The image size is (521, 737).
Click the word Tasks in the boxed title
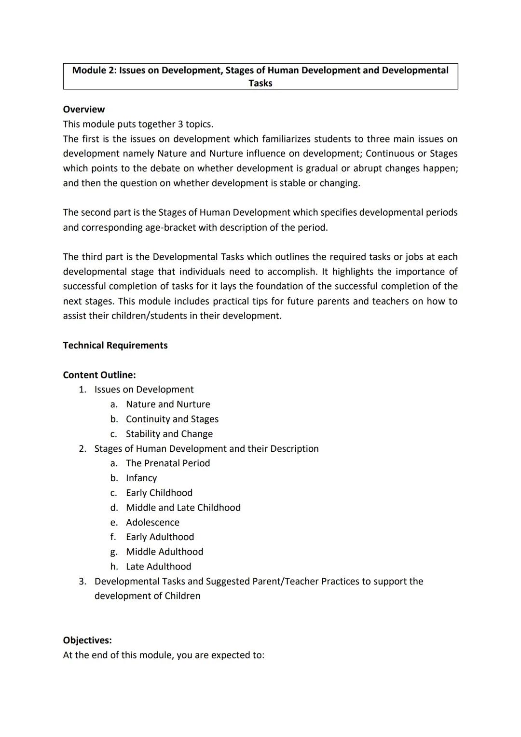[260, 83]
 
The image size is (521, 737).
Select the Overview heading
[83, 109]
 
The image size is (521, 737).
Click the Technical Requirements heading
[115, 345]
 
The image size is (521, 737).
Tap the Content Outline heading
[99, 375]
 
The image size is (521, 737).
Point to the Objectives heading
[87, 640]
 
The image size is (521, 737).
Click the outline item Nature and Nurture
[168, 404]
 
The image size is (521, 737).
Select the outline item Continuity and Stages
[172, 419]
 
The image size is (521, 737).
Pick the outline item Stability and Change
[169, 433]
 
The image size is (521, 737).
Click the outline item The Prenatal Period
[168, 463]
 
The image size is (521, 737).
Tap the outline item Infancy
[141, 478]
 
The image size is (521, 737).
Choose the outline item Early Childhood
[159, 492]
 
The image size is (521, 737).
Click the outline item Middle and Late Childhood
[183, 507]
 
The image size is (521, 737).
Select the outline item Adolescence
[152, 522]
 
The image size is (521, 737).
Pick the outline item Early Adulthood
[160, 537]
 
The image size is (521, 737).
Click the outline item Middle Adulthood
[165, 551]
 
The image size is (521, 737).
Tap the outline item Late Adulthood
[159, 566]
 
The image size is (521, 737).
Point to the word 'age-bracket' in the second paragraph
[170, 227]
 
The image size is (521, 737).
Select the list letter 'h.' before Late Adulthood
[114, 566]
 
